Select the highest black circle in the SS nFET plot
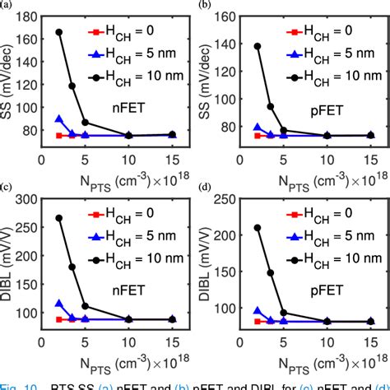pos(59,32)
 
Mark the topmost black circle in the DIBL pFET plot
pos(258,228)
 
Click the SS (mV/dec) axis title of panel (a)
pos(9,78)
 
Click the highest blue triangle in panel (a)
pos(59,119)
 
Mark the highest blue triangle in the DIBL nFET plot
pos(59,304)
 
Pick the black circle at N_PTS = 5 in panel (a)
pos(86,123)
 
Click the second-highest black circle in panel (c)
pos(72,267)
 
